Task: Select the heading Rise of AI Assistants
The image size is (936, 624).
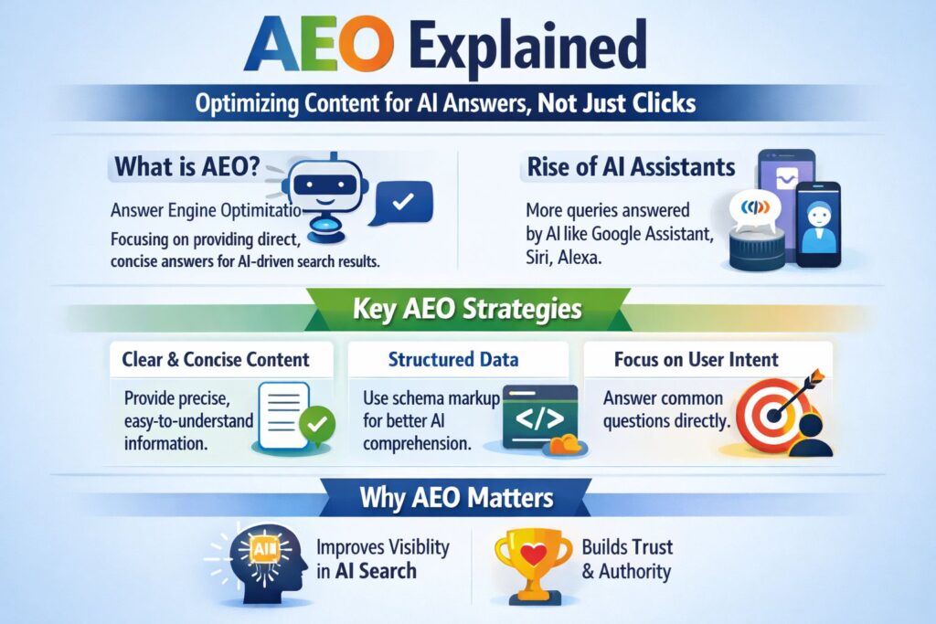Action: pyautogui.click(x=632, y=167)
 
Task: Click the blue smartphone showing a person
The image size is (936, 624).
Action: pyautogui.click(x=817, y=223)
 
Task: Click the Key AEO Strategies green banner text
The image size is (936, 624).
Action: pyautogui.click(x=467, y=309)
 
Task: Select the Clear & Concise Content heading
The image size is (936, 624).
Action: pyautogui.click(x=216, y=360)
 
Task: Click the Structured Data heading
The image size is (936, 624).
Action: pyautogui.click(x=455, y=359)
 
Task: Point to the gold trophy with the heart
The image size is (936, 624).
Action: pyautogui.click(x=529, y=558)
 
